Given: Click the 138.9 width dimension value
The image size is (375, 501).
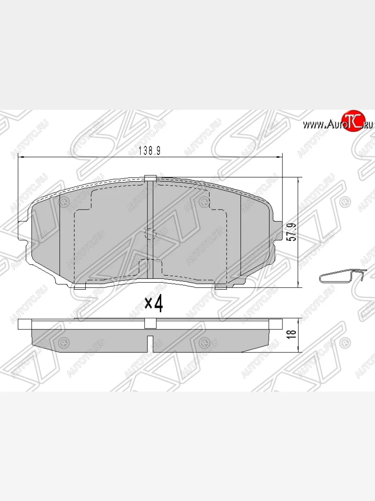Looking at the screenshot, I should (144, 152).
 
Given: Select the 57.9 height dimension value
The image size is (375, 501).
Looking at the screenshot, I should (293, 232).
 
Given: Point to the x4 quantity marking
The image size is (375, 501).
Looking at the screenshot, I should (153, 304).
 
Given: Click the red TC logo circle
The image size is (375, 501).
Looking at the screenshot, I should (353, 121).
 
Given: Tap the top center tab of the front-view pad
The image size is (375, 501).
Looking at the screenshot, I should (150, 178).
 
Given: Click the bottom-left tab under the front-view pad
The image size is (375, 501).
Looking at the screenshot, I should (80, 287).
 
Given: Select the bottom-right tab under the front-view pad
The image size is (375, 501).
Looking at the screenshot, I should (221, 287).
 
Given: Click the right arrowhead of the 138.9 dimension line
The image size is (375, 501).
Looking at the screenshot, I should (280, 157).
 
